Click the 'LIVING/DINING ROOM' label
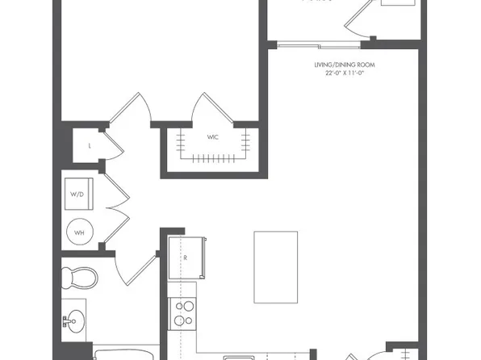[345, 65]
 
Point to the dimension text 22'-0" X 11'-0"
[345, 73]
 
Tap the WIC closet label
[213, 138]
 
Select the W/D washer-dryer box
[78, 194]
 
